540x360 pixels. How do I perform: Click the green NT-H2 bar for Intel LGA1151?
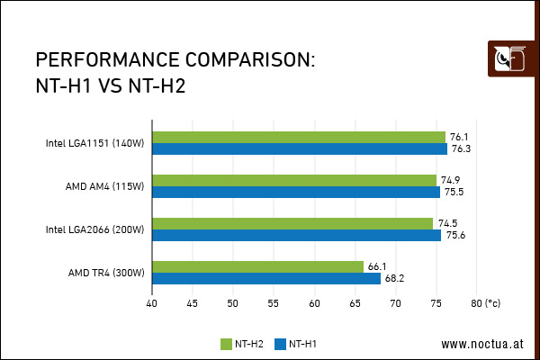click(299, 137)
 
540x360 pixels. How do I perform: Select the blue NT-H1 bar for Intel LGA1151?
click(300, 148)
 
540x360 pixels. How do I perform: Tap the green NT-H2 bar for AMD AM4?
click(294, 180)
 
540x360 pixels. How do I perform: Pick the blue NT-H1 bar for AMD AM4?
click(296, 192)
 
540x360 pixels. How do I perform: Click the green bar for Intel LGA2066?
click(292, 223)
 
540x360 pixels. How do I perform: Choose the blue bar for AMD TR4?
click(266, 278)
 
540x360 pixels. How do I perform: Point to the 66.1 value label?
click(376, 266)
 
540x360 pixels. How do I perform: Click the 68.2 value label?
click(393, 278)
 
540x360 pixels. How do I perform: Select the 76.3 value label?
click(462, 148)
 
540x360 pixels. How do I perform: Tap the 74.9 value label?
click(450, 180)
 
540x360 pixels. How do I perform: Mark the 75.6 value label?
click(455, 235)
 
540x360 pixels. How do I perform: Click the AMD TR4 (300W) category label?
click(106, 273)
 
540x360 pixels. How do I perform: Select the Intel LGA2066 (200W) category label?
click(94, 229)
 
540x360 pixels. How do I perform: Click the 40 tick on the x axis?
click(152, 303)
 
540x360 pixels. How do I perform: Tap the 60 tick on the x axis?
click(315, 303)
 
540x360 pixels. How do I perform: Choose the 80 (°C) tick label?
click(485, 303)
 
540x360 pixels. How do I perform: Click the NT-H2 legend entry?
click(242, 344)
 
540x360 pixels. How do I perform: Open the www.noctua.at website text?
click(481, 344)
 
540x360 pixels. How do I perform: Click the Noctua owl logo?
click(509, 60)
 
